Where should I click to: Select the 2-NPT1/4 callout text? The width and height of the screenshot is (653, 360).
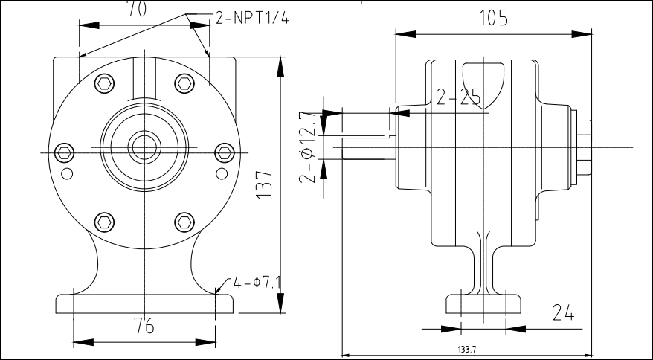pyautogui.click(x=252, y=19)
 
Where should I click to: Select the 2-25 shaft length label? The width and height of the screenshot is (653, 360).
pyautogui.click(x=458, y=97)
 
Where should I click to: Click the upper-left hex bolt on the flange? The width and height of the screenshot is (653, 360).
pyautogui.click(x=105, y=82)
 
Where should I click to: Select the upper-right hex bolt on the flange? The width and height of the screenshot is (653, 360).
pyautogui.click(x=184, y=82)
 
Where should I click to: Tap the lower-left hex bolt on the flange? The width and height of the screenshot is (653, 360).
pyautogui.click(x=105, y=221)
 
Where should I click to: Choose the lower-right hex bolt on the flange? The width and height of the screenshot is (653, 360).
pyautogui.click(x=184, y=221)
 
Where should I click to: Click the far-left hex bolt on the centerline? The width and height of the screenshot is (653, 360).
pyautogui.click(x=65, y=152)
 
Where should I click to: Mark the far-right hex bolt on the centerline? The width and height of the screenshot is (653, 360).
pyautogui.click(x=224, y=152)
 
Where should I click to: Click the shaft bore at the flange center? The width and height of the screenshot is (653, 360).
pyautogui.click(x=144, y=147)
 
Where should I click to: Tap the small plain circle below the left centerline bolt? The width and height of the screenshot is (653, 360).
pyautogui.click(x=68, y=174)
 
